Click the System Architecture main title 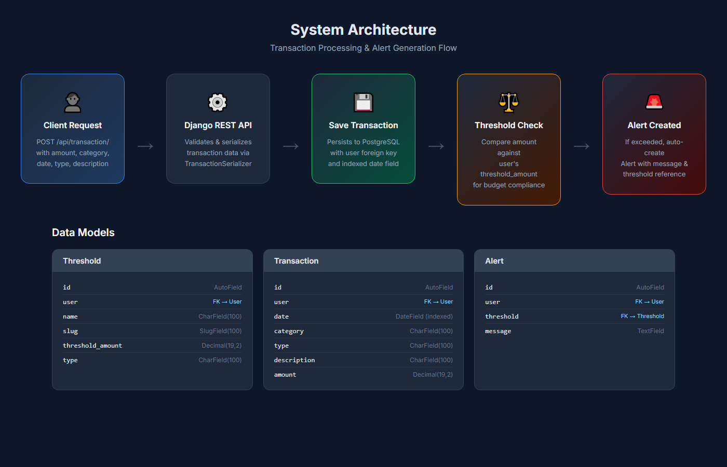[x=363, y=30]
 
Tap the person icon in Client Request [x=73, y=102]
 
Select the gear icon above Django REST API [x=218, y=102]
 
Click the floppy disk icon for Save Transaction [x=363, y=102]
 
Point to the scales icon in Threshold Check [x=509, y=102]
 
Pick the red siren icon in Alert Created [x=654, y=102]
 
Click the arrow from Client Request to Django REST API [x=145, y=146]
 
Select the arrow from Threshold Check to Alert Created [x=582, y=146]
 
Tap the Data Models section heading [x=83, y=232]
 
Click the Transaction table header [x=297, y=261]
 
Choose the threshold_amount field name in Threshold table [x=92, y=346]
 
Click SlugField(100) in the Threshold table [x=221, y=331]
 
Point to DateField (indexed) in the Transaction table [x=424, y=317]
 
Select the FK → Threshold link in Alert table [x=642, y=317]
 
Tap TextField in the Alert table [x=651, y=331]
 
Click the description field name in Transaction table [x=294, y=360]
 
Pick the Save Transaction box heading [x=363, y=126]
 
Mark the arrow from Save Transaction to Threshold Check [x=436, y=146]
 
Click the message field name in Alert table [x=498, y=331]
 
